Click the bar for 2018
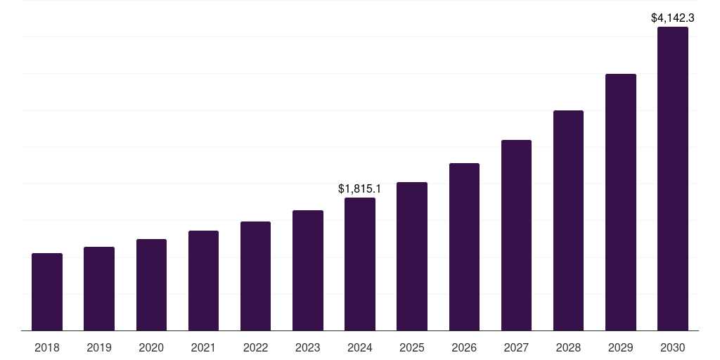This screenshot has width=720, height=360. click(x=47, y=292)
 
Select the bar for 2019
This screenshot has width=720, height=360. click(x=99, y=289)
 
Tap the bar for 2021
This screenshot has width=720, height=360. click(x=203, y=281)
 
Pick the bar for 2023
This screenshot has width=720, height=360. click(x=308, y=271)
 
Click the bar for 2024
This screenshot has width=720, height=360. click(x=360, y=264)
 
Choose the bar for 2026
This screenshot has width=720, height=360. click(x=464, y=247)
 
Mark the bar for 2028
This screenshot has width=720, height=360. click(x=568, y=221)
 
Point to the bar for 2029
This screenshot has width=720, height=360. click(x=620, y=202)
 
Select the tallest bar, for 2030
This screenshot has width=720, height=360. click(x=672, y=179)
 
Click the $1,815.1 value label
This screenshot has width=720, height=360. click(x=360, y=188)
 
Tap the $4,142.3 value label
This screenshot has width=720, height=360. click(x=672, y=18)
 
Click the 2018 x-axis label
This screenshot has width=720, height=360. click(x=47, y=347)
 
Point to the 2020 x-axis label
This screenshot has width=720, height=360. click(x=151, y=347)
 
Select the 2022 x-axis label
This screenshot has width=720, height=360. click(x=255, y=347)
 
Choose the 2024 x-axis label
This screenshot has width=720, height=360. click(x=360, y=347)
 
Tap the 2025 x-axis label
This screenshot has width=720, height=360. click(x=412, y=347)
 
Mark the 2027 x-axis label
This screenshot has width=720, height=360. click(x=516, y=347)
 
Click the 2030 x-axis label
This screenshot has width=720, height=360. click(x=672, y=347)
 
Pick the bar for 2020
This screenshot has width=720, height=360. click(x=151, y=285)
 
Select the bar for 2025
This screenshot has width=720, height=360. click(x=412, y=257)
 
